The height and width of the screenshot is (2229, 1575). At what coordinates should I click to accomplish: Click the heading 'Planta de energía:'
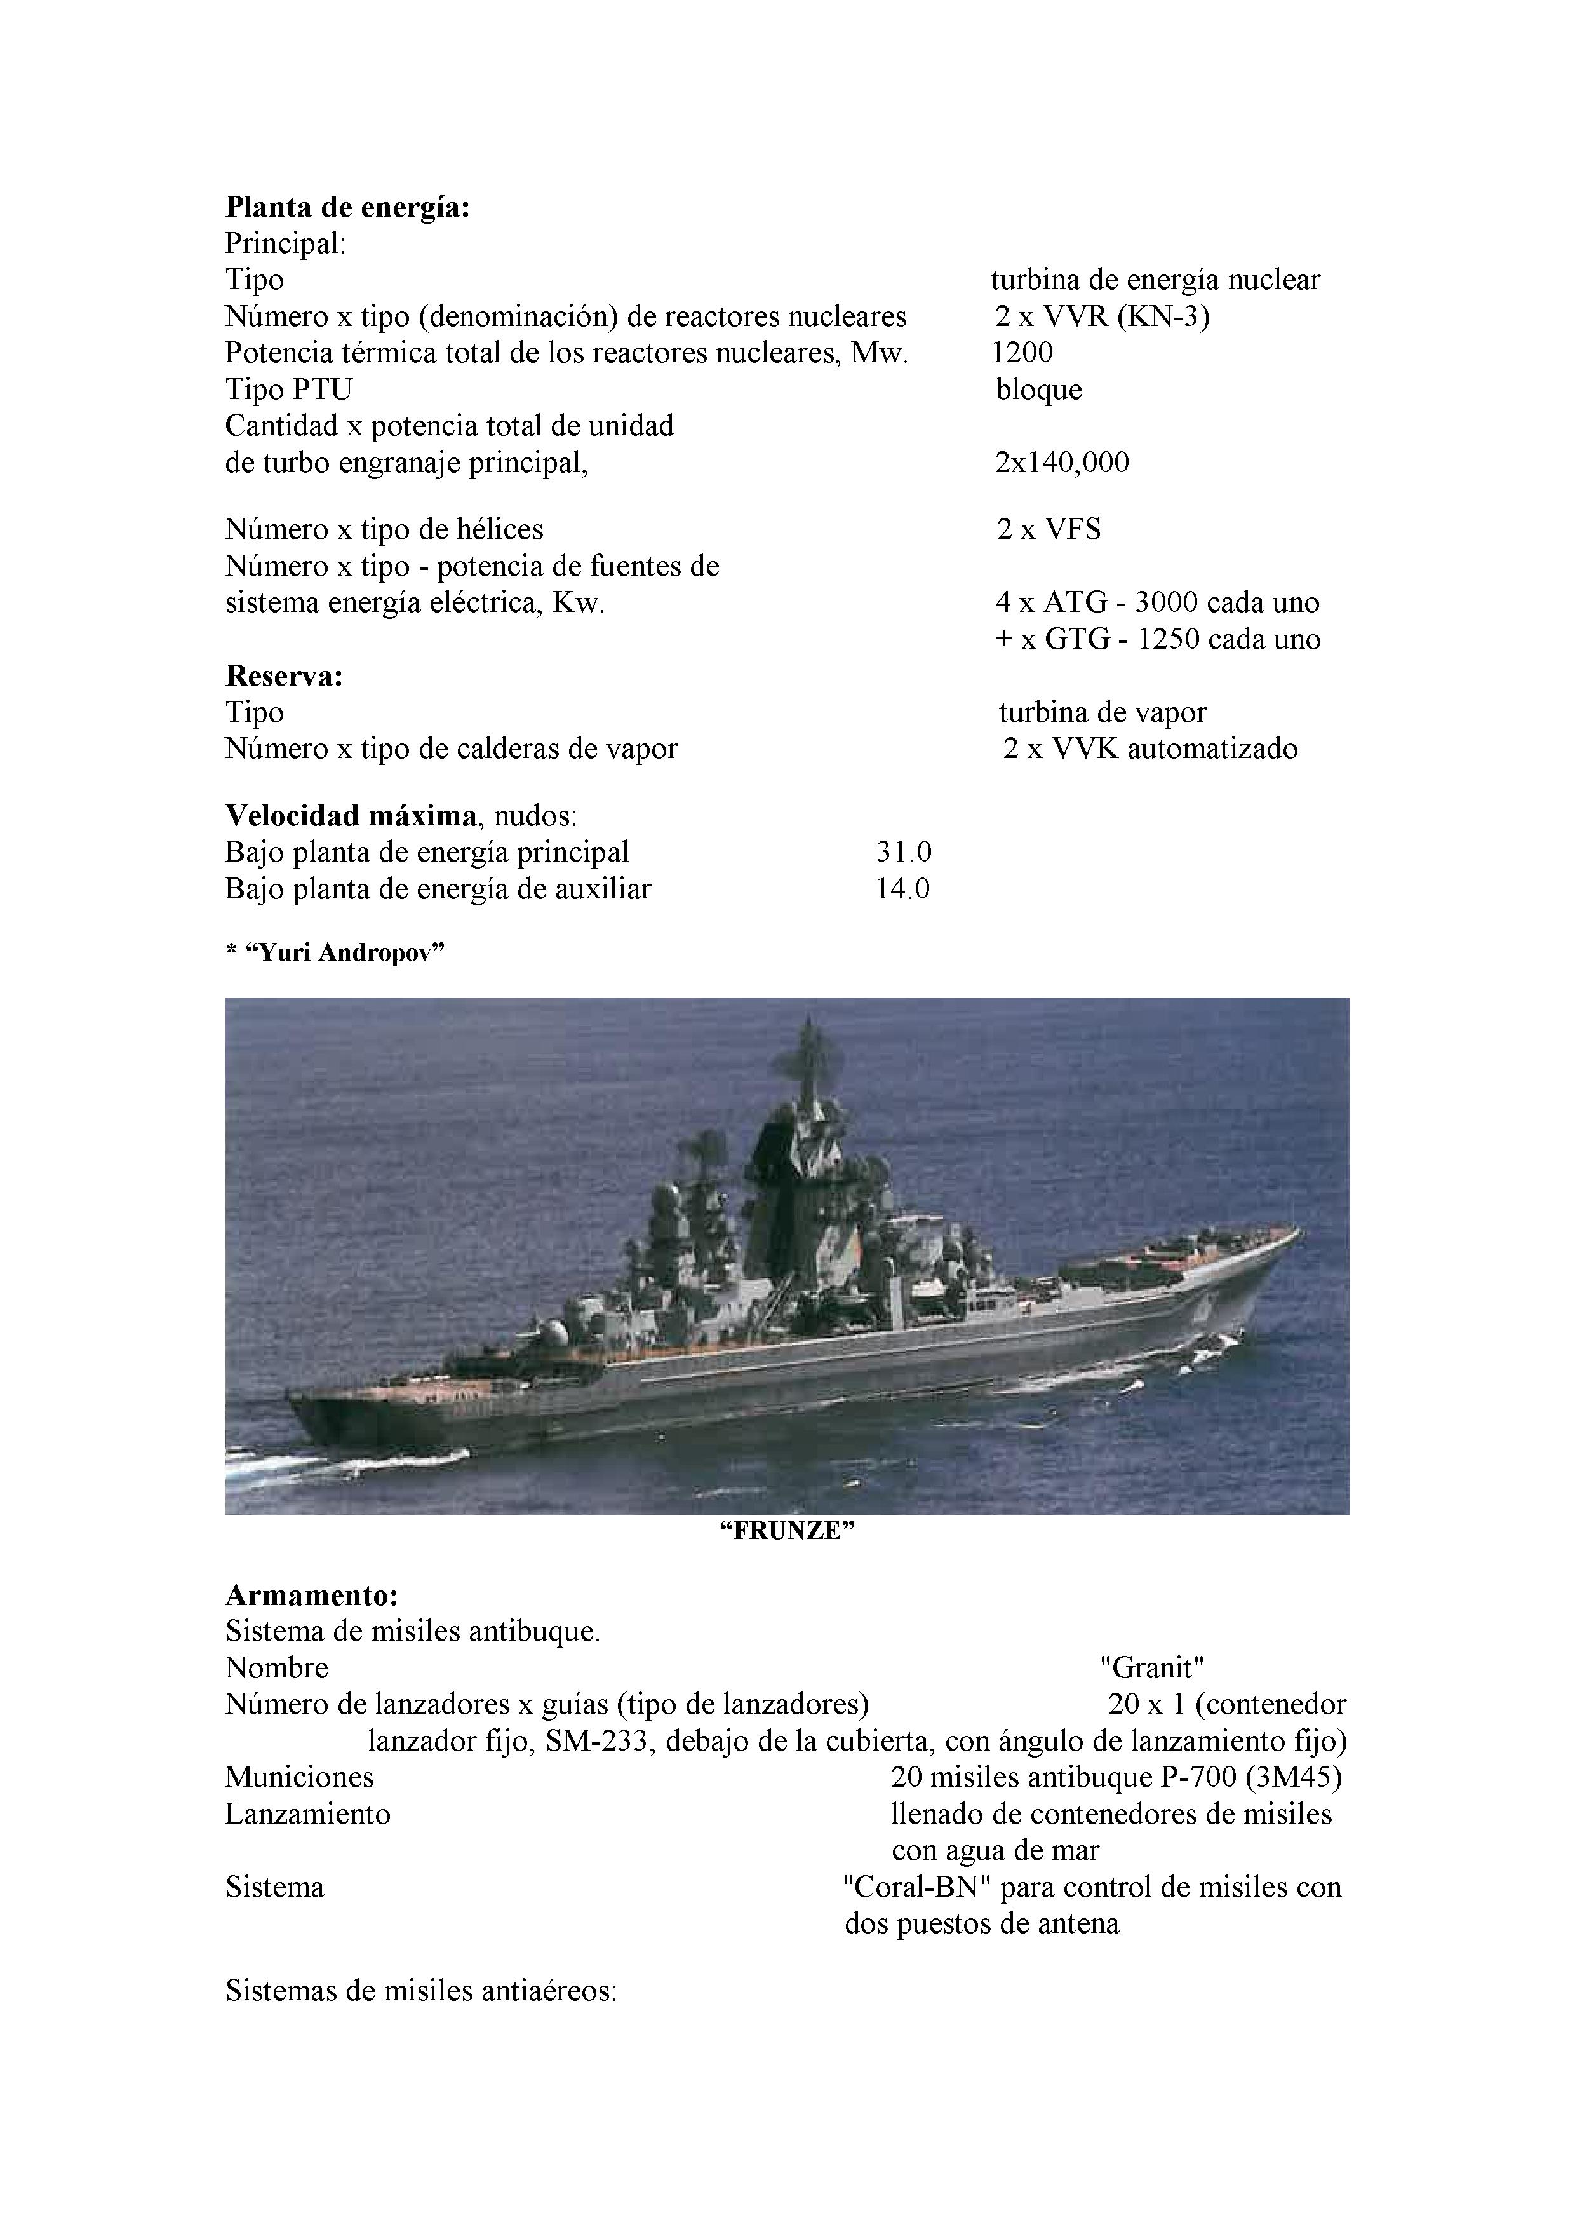[x=347, y=207]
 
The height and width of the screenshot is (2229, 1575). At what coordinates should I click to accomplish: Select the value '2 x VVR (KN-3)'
[x=1101, y=316]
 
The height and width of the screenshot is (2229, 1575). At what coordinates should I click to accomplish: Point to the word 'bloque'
[x=1038, y=390]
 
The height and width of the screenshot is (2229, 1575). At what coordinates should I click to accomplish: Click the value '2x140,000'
[x=1062, y=462]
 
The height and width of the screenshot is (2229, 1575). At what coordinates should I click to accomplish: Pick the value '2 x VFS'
[x=1048, y=530]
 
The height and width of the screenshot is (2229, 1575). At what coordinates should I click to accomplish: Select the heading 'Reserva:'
[x=285, y=675]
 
